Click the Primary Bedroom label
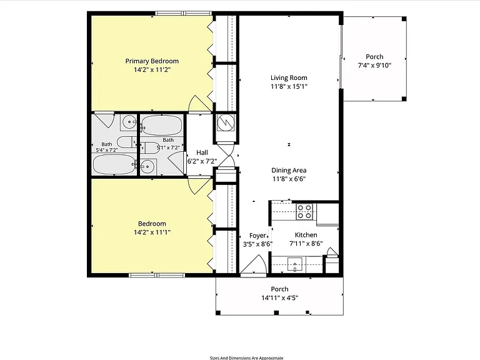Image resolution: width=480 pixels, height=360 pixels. click(x=152, y=61)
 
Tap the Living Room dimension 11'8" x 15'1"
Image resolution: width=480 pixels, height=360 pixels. click(x=289, y=86)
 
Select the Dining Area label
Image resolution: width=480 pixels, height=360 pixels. click(x=289, y=170)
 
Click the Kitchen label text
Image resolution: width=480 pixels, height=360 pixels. click(x=306, y=235)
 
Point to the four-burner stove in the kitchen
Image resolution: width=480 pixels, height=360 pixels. click(x=305, y=211)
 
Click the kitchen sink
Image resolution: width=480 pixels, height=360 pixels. click(x=295, y=264)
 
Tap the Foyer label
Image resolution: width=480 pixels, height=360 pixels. click(x=257, y=236)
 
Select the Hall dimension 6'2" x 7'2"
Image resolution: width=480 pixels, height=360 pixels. click(x=202, y=161)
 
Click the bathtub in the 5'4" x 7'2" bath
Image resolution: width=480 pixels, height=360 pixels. click(x=114, y=164)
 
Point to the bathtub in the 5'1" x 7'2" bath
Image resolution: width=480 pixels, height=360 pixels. click(x=162, y=125)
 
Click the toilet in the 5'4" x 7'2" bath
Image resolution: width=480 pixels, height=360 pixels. click(x=127, y=142)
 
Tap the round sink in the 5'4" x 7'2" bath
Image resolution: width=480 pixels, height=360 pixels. click(x=129, y=122)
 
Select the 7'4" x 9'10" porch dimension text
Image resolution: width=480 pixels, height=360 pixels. click(x=374, y=65)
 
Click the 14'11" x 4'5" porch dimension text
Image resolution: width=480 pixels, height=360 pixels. click(x=279, y=297)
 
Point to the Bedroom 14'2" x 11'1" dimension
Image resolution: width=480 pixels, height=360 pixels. click(x=152, y=232)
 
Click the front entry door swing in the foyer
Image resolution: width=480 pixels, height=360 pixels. click(x=255, y=265)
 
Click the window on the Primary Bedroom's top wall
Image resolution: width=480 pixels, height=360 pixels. click(x=184, y=13)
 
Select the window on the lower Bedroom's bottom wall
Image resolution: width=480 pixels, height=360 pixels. click(x=157, y=275)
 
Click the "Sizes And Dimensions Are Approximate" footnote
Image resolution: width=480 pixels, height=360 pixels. click(x=246, y=358)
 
